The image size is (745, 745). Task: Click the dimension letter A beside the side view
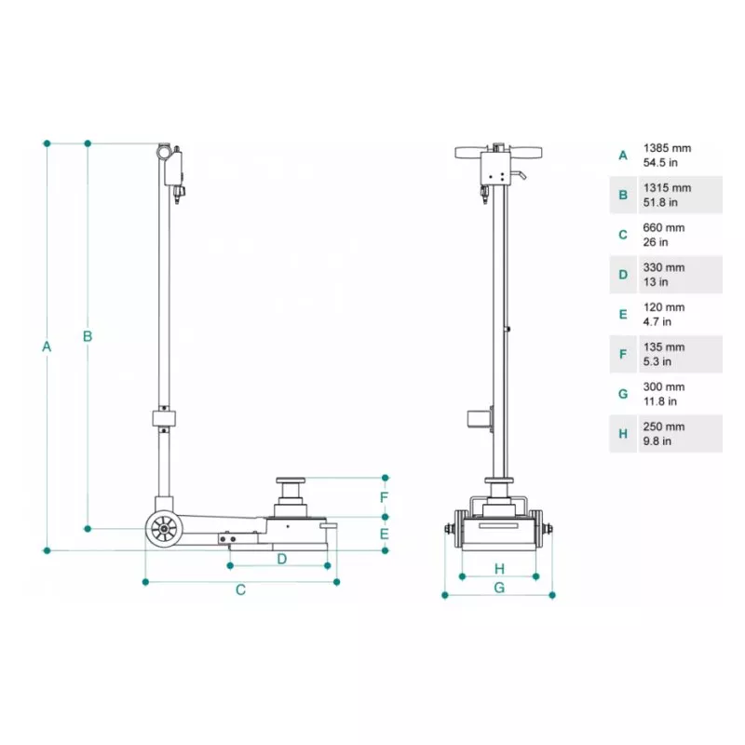click(x=47, y=346)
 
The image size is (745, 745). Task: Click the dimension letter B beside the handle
click(x=88, y=336)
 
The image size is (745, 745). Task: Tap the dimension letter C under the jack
click(x=240, y=589)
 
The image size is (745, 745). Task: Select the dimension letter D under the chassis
click(x=281, y=559)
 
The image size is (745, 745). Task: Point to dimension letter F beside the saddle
click(x=384, y=497)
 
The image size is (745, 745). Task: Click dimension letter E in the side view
click(x=384, y=534)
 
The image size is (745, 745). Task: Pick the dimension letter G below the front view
click(x=499, y=588)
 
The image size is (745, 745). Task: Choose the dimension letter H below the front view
click(x=499, y=568)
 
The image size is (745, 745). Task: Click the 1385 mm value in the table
click(x=667, y=148)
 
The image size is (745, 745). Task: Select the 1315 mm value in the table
click(x=667, y=188)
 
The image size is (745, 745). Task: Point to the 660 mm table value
click(x=663, y=228)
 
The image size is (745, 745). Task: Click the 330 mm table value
click(x=663, y=267)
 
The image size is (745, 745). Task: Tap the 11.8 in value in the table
click(x=659, y=401)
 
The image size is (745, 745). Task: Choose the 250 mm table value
click(x=663, y=427)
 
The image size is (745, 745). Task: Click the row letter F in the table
click(x=623, y=354)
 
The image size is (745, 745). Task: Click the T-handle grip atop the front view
click(x=501, y=152)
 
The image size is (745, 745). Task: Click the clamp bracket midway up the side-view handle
click(x=165, y=415)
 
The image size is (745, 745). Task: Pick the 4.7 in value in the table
click(x=657, y=321)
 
